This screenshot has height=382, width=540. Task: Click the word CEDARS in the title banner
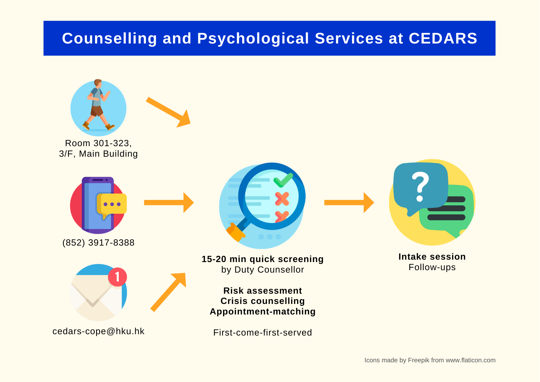[x=443, y=38]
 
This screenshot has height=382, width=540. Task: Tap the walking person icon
[x=99, y=105]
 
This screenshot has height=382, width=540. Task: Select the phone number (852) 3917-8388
[x=98, y=243]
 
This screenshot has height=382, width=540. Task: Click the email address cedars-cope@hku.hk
[x=98, y=331]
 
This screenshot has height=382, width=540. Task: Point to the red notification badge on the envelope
[x=117, y=277]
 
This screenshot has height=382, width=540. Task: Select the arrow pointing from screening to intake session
[x=349, y=203]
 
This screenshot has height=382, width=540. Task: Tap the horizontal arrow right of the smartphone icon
[x=169, y=203]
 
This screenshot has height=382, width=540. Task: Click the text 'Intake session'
[x=432, y=257]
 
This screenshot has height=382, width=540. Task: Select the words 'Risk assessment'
[x=263, y=291]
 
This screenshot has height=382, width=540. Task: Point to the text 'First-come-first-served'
[x=263, y=333]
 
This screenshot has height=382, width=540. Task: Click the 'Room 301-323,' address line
[x=98, y=143]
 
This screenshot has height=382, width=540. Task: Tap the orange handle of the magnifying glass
[x=235, y=232]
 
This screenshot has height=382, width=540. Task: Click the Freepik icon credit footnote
[x=430, y=360]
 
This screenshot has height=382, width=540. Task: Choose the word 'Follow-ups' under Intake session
[x=432, y=267]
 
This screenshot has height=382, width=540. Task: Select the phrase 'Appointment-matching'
[x=263, y=311]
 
